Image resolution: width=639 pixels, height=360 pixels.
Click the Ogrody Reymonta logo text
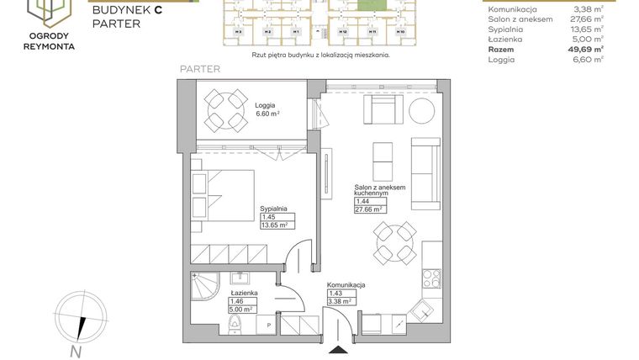tap(50, 41)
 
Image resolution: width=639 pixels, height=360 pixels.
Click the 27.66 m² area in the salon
tap(369, 209)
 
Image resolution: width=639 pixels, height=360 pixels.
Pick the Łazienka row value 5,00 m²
tap(588, 39)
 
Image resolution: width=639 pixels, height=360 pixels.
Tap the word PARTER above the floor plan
tap(200, 69)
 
